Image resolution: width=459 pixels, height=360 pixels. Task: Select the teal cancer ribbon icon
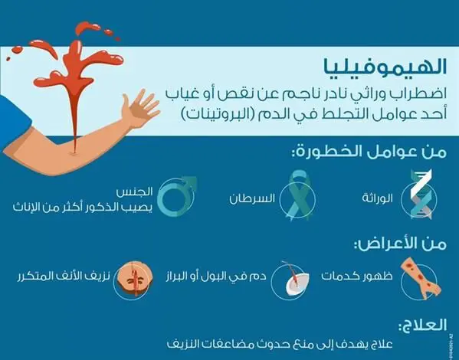(298, 195)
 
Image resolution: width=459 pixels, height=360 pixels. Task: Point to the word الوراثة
(377, 198)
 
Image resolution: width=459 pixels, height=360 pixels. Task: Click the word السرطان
(252, 198)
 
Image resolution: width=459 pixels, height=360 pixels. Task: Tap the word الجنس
(135, 192)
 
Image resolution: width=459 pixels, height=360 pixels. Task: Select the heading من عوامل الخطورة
(369, 152)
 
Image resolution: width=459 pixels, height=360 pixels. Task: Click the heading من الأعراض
(401, 244)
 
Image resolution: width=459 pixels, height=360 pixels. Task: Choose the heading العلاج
(423, 325)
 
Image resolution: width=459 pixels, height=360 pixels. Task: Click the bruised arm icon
(421, 278)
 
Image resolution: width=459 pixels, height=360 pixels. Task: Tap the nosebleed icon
(135, 280)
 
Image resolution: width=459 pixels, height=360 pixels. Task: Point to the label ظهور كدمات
(357, 277)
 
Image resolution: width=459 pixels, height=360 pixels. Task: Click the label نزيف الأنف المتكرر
(64, 277)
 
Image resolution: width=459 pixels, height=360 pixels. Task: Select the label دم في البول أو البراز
(216, 277)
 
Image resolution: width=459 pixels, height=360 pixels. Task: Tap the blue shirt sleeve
(13, 122)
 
